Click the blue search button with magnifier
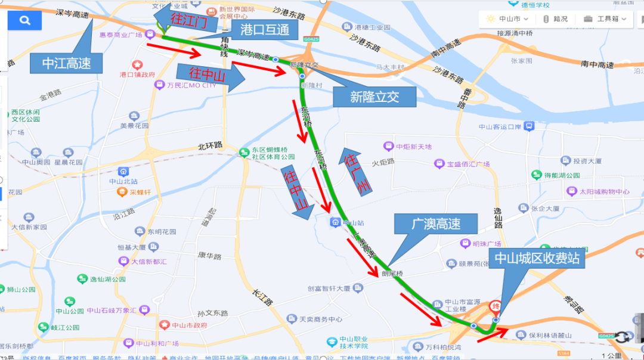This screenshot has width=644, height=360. click(x=24, y=20)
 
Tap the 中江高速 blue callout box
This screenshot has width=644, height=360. click(x=66, y=63)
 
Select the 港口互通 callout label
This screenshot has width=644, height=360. click(x=265, y=29)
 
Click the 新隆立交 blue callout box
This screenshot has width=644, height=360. click(x=374, y=96)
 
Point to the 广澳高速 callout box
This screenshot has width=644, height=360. click(x=436, y=224)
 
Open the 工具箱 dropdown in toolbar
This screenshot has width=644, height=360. click(x=605, y=18)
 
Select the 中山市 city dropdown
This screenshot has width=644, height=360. click(x=504, y=18)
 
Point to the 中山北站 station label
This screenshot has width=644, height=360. click(x=123, y=181)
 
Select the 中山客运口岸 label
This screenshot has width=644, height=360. click(x=500, y=126)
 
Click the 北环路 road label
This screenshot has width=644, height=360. click(x=210, y=145)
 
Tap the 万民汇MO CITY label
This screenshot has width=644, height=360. click(x=191, y=85)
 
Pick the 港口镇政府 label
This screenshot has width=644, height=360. click(x=138, y=75)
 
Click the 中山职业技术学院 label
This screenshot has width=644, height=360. click(x=358, y=342)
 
